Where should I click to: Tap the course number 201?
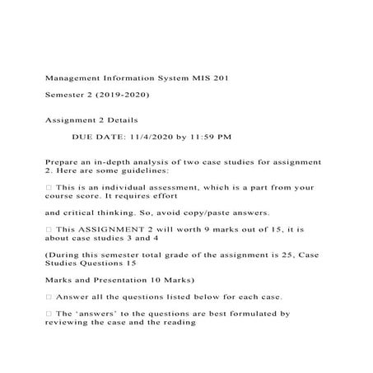(233, 79)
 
